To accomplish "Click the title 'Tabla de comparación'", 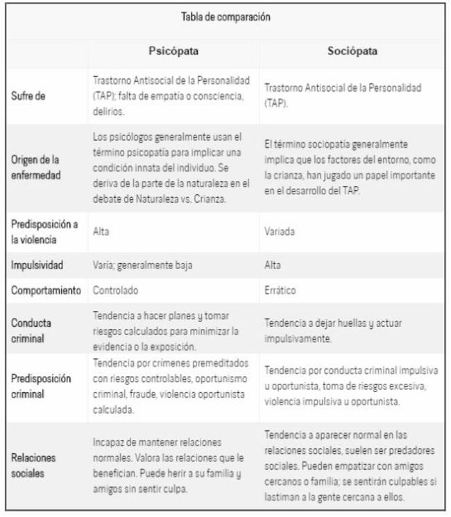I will click(x=226, y=17).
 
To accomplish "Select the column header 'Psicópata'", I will click(x=173, y=51).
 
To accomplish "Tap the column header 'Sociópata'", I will click(x=352, y=51).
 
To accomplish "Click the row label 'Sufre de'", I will click(x=28, y=96).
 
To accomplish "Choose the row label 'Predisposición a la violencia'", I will click(x=44, y=231).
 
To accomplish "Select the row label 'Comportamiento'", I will click(x=46, y=290).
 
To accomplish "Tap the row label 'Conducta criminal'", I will click(x=31, y=330).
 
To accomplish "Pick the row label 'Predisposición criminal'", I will click(x=41, y=386).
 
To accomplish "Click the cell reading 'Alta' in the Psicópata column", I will click(x=101, y=231).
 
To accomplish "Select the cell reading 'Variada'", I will click(x=280, y=231).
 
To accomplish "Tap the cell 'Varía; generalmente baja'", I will click(x=142, y=265).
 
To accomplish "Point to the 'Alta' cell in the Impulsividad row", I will click(x=273, y=265).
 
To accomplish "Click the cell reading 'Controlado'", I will click(x=116, y=290).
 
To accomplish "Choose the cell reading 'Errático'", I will click(x=281, y=290).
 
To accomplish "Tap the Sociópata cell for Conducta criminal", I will click(x=333, y=330).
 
